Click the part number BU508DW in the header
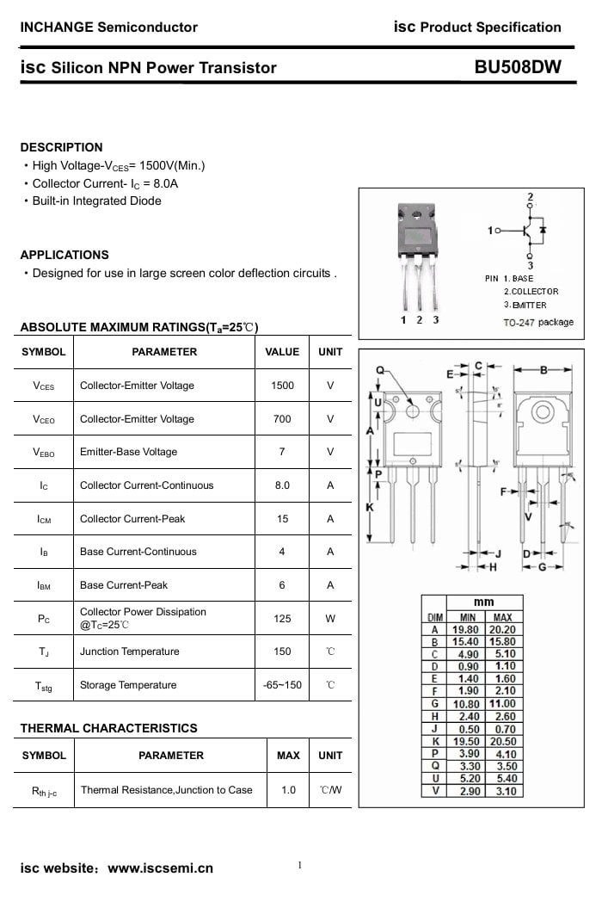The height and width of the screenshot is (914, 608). pyautogui.click(x=517, y=67)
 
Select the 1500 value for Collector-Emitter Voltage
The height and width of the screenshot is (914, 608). pyautogui.click(x=282, y=386)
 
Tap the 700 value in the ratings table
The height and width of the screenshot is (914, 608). pyautogui.click(x=282, y=419)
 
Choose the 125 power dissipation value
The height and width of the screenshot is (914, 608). pyautogui.click(x=282, y=618)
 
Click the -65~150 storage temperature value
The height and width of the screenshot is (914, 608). pyautogui.click(x=282, y=685)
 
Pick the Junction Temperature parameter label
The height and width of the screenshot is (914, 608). pyautogui.click(x=130, y=652)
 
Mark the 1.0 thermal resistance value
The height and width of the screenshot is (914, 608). pyautogui.click(x=288, y=789)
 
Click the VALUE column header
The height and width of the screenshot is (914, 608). pyautogui.click(x=282, y=352)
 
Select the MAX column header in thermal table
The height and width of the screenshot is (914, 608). pyautogui.click(x=288, y=756)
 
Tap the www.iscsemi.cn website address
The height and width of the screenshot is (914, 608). pyautogui.click(x=160, y=868)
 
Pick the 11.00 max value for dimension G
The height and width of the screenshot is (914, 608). pyautogui.click(x=502, y=704)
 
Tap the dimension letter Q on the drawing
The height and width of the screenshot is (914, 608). pyautogui.click(x=380, y=370)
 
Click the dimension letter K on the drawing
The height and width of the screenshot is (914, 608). pyautogui.click(x=370, y=508)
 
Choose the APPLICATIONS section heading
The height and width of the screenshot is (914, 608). pyautogui.click(x=64, y=255)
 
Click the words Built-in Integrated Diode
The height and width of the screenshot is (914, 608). pyautogui.click(x=96, y=201)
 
